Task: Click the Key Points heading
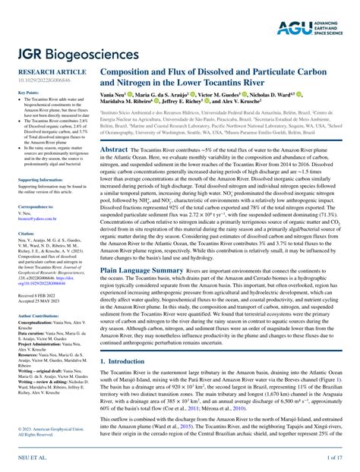[x=27, y=92]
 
